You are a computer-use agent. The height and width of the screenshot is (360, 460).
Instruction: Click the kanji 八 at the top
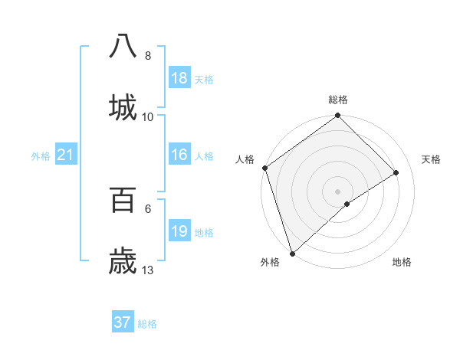[123, 45]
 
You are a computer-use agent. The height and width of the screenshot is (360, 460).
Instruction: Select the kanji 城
[123, 106]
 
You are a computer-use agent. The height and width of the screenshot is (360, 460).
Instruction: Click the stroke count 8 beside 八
[148, 56]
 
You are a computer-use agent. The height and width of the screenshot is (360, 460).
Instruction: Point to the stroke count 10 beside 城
[148, 117]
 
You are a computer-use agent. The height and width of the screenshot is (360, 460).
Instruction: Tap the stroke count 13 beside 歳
[148, 270]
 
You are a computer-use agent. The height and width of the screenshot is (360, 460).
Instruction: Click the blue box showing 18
[179, 78]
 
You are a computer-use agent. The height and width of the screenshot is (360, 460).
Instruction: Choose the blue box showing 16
[179, 155]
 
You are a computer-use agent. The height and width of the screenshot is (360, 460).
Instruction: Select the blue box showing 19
[179, 231]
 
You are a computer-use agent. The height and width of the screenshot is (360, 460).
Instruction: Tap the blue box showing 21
[65, 155]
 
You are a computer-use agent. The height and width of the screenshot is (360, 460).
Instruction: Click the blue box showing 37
[123, 322]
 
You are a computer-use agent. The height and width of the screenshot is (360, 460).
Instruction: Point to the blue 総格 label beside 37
[147, 324]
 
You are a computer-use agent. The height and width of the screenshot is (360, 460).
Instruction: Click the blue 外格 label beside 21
[41, 156]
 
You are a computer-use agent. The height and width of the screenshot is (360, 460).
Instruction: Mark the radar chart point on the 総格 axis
[337, 116]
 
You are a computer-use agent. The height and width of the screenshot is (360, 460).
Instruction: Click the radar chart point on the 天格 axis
[396, 172]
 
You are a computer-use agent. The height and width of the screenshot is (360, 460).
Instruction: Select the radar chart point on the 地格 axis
[347, 204]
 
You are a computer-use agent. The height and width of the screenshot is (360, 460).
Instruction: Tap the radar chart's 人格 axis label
[245, 159]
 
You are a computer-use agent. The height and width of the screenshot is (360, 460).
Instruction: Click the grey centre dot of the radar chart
[337, 191]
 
